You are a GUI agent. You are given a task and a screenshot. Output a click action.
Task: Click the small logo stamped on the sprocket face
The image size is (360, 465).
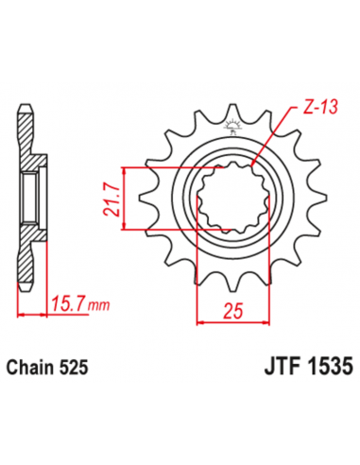click(231, 126)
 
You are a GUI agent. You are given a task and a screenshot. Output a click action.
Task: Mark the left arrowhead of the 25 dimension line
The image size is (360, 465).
click(198, 322)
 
